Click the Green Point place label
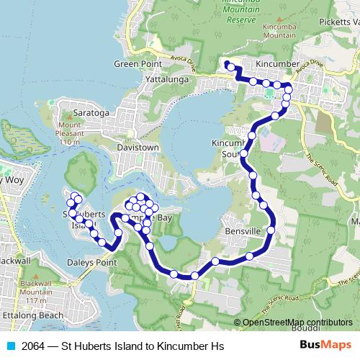(x=137, y=64)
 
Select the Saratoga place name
(x=91, y=114)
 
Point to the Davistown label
(x=138, y=148)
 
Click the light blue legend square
(x=10, y=346)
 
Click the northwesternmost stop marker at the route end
(x=228, y=66)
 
